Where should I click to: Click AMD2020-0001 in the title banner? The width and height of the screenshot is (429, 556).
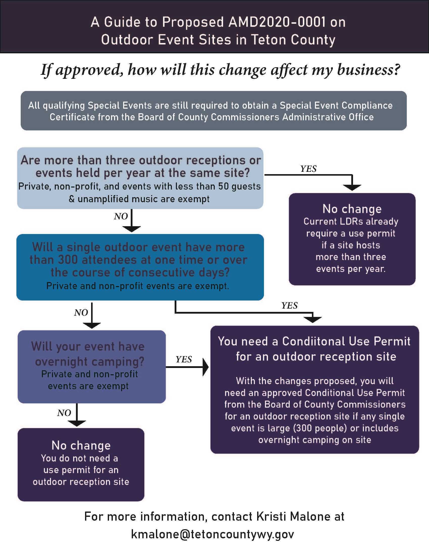click(x=277, y=22)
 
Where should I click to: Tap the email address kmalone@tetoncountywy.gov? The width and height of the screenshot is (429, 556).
click(x=212, y=534)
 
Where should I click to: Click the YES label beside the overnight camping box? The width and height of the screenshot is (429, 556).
click(x=184, y=359)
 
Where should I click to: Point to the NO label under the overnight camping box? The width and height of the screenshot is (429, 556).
click(x=64, y=413)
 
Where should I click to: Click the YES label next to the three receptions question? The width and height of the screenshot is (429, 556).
click(x=308, y=169)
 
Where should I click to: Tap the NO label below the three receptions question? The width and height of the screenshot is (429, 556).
click(x=121, y=216)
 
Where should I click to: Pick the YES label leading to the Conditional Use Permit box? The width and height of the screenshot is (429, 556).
click(x=289, y=305)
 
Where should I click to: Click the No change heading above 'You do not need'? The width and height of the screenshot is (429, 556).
click(x=81, y=446)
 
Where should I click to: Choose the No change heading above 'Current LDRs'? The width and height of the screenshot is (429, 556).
click(x=352, y=209)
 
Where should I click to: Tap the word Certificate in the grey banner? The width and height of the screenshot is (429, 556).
click(x=72, y=117)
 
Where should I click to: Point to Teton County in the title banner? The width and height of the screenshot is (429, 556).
click(x=293, y=40)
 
